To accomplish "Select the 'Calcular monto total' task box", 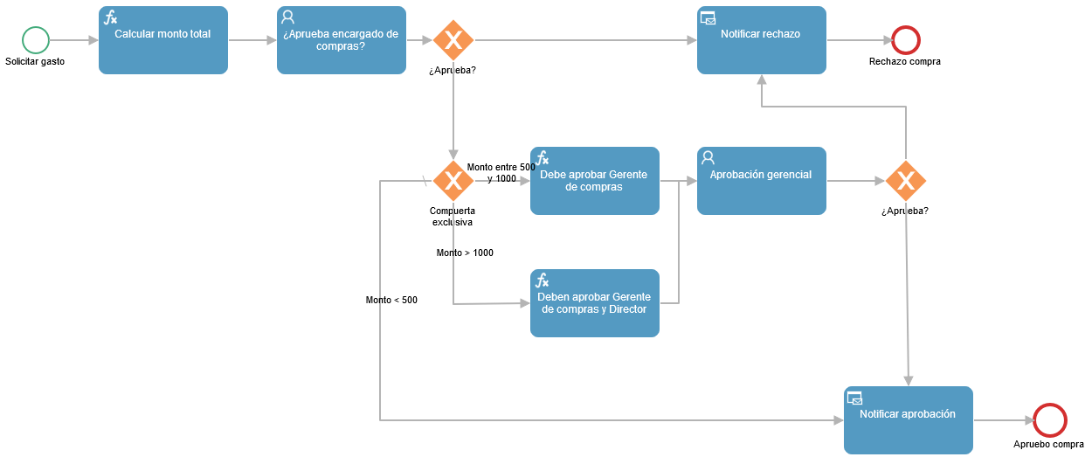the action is coord(163,40).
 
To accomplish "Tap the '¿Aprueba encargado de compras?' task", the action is coord(342,40).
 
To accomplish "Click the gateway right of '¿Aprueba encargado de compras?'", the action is coord(453,40).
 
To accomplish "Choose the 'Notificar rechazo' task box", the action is coord(762,40).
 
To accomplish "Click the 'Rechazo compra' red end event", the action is coord(906,40).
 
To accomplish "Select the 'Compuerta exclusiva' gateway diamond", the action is coord(453,181).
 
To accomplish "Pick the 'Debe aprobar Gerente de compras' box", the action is coord(595,181).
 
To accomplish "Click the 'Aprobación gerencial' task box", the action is coord(762,181).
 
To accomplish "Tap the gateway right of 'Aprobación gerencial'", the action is coord(906,181).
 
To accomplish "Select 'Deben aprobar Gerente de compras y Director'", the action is coord(595,303).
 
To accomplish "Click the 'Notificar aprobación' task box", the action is coord(909,420).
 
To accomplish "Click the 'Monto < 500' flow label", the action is coord(391,300).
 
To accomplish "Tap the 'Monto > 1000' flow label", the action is coord(465,253).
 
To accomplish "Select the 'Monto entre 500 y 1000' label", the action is coord(501,172).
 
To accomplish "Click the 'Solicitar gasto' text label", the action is coord(35,61).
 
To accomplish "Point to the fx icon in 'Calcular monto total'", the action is coord(111,18).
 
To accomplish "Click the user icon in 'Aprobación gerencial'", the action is coord(708,157).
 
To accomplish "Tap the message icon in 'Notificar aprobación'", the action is coord(854,398).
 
